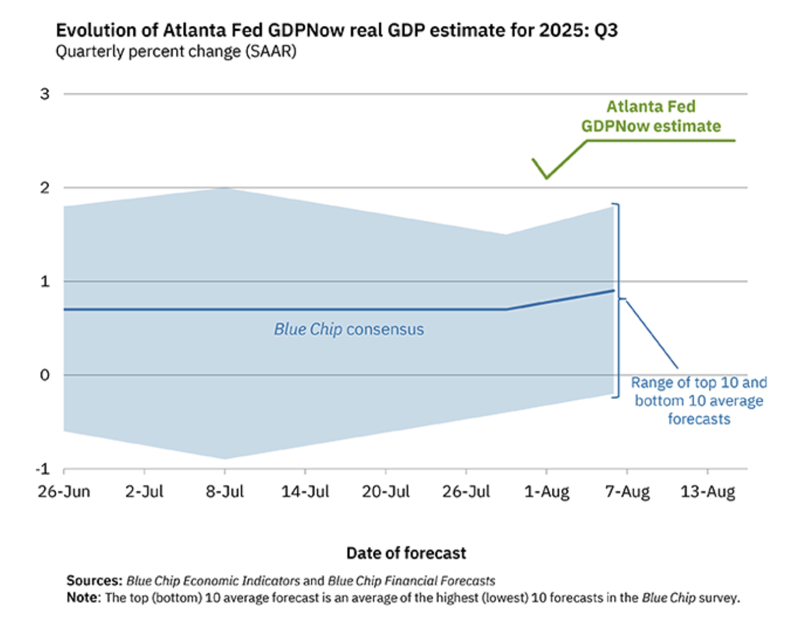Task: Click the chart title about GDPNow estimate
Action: [x=337, y=30]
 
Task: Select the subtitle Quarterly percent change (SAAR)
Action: [x=176, y=51]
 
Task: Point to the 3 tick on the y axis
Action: [x=45, y=94]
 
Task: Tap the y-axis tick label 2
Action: [x=45, y=188]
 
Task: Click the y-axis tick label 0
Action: [x=45, y=375]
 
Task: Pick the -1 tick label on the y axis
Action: [x=43, y=469]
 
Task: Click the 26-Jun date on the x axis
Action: [x=64, y=492]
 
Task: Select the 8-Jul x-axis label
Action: [x=225, y=492]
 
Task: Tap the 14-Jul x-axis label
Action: [x=305, y=492]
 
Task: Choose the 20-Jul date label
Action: [x=385, y=492]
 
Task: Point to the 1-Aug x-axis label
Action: [x=547, y=492]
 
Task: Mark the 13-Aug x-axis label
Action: [x=708, y=492]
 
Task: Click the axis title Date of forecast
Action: [x=406, y=553]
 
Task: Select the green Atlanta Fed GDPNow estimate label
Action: [x=651, y=116]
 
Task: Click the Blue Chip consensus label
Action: [x=349, y=329]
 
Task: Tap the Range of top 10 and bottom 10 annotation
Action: [x=699, y=401]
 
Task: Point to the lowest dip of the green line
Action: [x=547, y=178]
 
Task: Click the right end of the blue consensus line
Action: [x=614, y=290]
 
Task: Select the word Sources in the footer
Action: [x=95, y=581]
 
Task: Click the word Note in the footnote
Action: [x=83, y=598]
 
